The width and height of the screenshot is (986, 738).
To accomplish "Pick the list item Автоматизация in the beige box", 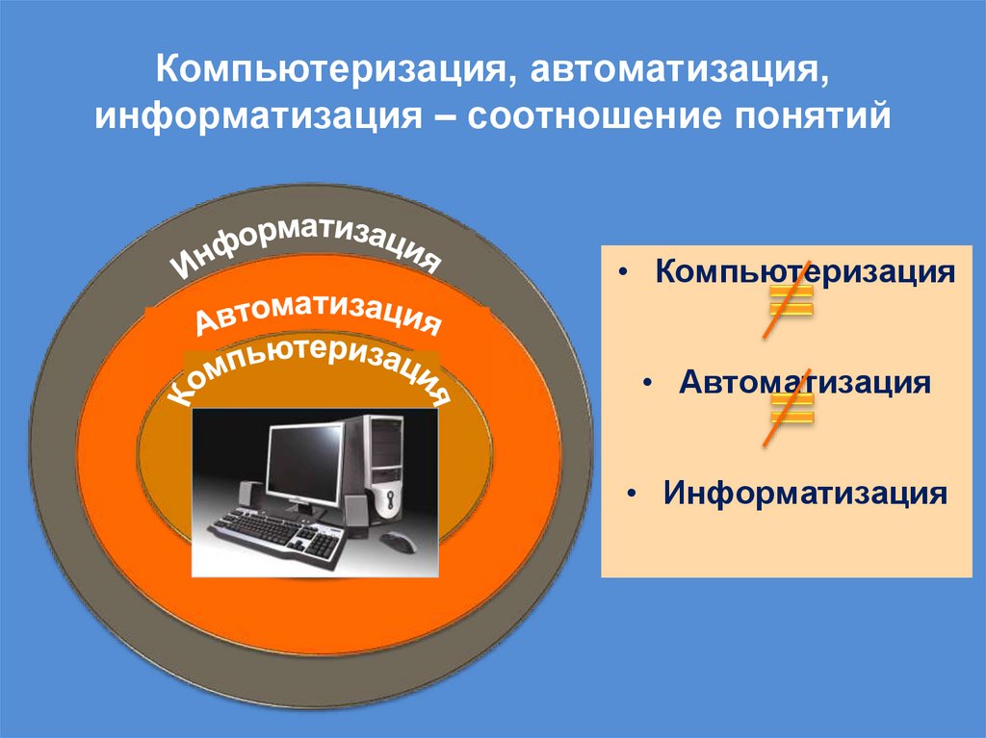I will click(804, 383).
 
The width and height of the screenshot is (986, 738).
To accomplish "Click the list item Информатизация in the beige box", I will click(805, 494).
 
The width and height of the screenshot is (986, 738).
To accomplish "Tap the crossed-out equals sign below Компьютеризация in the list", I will click(789, 300).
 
